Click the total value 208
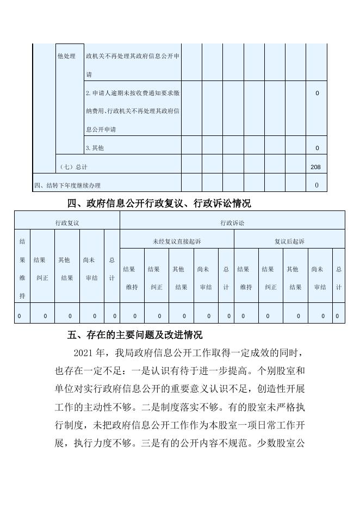pyautogui.click(x=315, y=167)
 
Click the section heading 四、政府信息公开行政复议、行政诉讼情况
pyautogui.click(x=159, y=204)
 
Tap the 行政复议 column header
pyautogui.click(x=67, y=223)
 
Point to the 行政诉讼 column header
pyautogui.click(x=232, y=223)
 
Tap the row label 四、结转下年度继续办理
pyautogui.click(x=67, y=186)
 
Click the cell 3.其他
pyautogui.click(x=95, y=148)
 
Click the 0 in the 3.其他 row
pyautogui.click(x=317, y=148)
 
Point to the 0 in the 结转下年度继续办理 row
pyautogui.click(x=317, y=185)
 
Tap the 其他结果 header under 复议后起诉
pyautogui.click(x=295, y=278)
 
